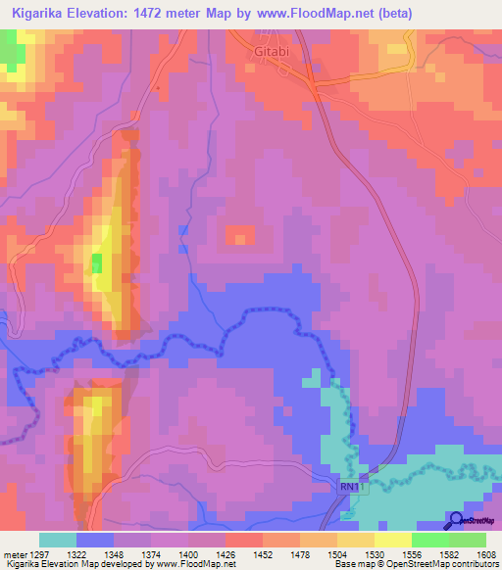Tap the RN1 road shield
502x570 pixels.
pyautogui.click(x=351, y=486)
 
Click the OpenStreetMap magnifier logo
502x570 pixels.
pyautogui.click(x=455, y=521)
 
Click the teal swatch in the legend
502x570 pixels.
pyautogui.click(x=58, y=540)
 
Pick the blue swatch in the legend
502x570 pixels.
pyautogui.click(x=95, y=540)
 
